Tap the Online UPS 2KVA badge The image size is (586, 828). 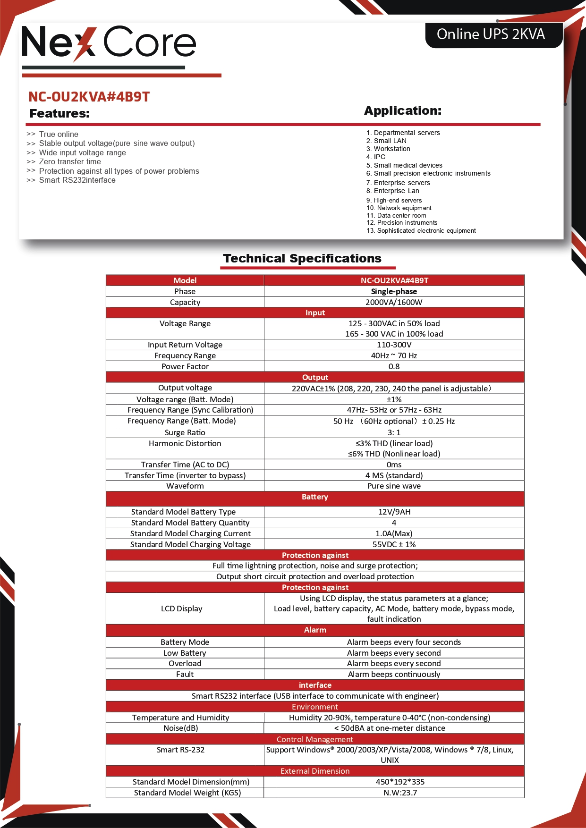point(491,34)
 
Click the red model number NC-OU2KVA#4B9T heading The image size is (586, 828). point(89,97)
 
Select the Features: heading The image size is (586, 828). point(59,113)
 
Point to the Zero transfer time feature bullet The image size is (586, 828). point(70,161)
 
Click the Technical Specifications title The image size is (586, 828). point(302,258)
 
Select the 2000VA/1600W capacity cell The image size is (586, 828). point(394,302)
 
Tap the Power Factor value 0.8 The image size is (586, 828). point(394,366)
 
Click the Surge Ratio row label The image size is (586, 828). point(185,432)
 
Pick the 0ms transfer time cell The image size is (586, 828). point(394,465)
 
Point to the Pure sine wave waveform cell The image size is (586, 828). point(394,486)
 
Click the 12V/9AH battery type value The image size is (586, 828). point(394,512)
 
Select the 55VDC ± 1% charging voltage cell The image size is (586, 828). point(394,544)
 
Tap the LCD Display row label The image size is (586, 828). point(181,608)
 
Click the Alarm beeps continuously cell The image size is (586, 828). point(394,674)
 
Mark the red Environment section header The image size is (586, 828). point(315,707)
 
